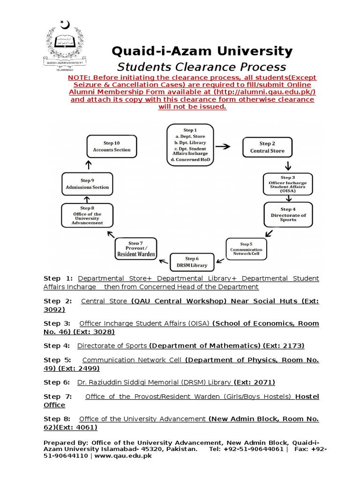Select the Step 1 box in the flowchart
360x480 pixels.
click(x=190, y=145)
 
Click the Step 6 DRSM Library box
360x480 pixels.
click(x=192, y=262)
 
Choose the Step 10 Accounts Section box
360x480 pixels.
click(x=112, y=146)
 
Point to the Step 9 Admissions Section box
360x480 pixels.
click(x=87, y=184)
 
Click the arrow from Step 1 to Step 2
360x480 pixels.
click(x=223, y=146)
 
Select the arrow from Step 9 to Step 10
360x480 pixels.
click(x=88, y=165)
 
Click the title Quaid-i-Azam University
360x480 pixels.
click(x=202, y=51)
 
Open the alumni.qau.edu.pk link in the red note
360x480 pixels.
click(x=265, y=92)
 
